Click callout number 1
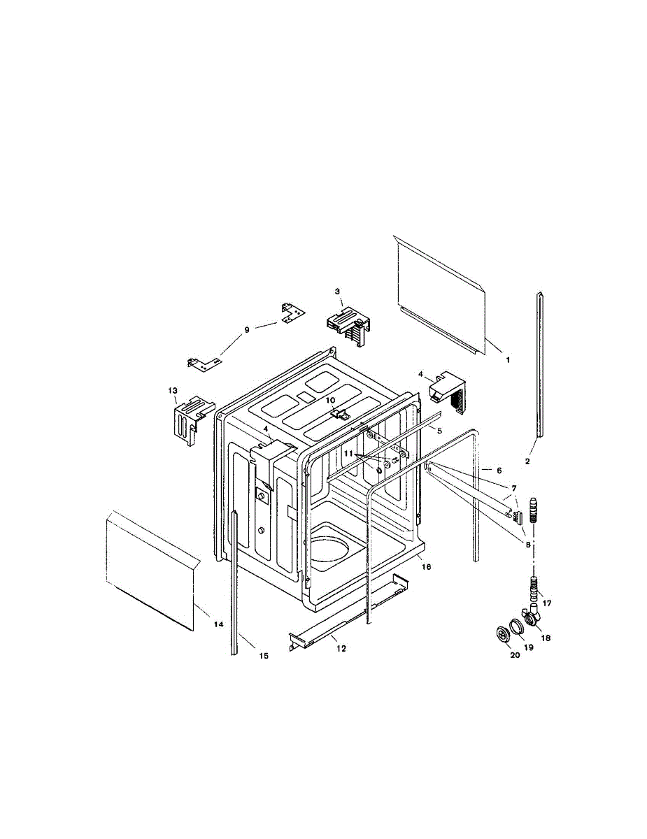pyautogui.click(x=509, y=359)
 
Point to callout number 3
pyautogui.click(x=337, y=291)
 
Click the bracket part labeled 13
pyautogui.click(x=187, y=419)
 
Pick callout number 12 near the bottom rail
pyautogui.click(x=341, y=648)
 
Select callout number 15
pyautogui.click(x=264, y=655)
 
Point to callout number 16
pyautogui.click(x=426, y=566)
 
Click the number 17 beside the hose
pyautogui.click(x=547, y=602)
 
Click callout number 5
pyautogui.click(x=440, y=430)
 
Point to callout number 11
pyautogui.click(x=348, y=453)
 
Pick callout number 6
pyautogui.click(x=499, y=471)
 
